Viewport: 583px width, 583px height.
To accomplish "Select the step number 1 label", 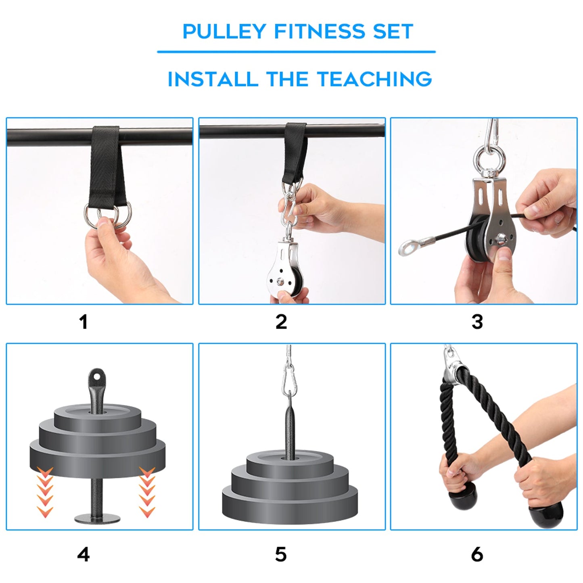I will pos(83,322).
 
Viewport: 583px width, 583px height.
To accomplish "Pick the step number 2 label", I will pos(281,322).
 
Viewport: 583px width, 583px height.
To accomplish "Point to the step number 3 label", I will pos(477,322).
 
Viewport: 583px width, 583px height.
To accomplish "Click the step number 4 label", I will pos(83,555).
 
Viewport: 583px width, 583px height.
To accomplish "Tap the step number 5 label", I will pos(281,555).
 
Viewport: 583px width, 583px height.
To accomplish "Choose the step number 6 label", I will pos(477,555).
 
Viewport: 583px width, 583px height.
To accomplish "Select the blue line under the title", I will pos(296,52).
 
